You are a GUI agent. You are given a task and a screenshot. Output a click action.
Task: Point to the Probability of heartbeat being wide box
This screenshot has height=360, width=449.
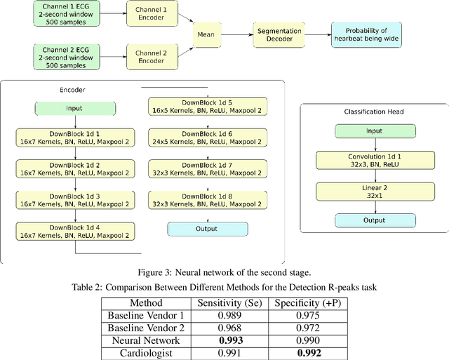(x=368, y=32)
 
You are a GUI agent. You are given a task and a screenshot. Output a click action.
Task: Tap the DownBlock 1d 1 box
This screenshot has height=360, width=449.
(x=74, y=137)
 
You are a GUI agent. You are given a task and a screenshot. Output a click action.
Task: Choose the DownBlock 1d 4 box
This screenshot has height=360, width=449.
(x=74, y=231)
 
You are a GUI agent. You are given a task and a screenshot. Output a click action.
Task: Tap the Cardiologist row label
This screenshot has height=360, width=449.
(x=145, y=353)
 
